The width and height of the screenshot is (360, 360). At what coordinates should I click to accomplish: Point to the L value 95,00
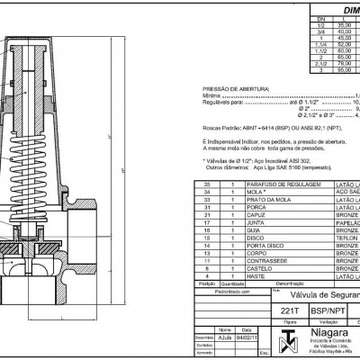333,71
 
